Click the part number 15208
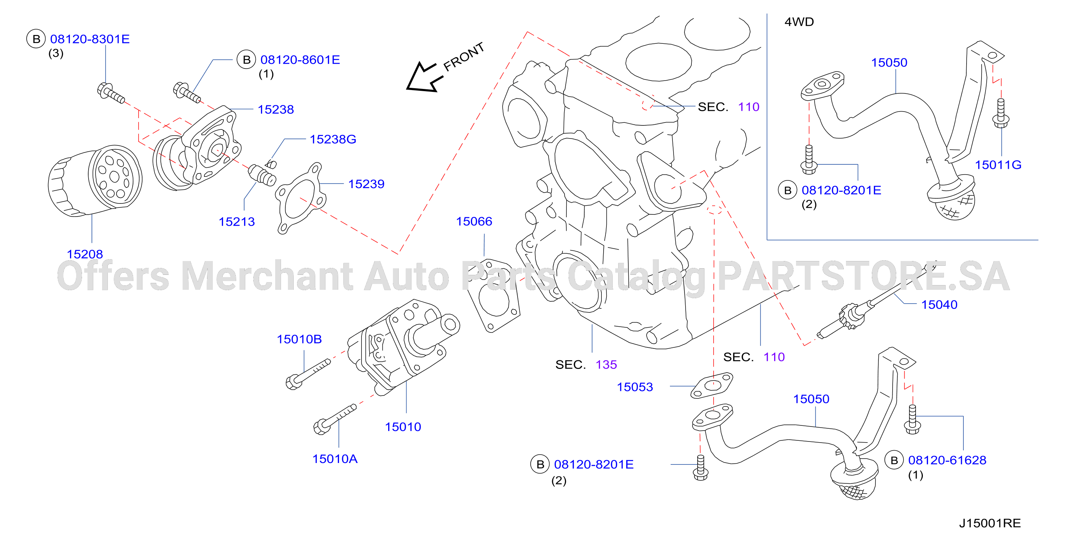[x=85, y=254]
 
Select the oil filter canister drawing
[x=95, y=181]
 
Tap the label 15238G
[x=333, y=139]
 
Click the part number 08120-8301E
[x=90, y=39]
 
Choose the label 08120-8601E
[x=300, y=59]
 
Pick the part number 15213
[x=237, y=222]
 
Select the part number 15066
[x=474, y=221]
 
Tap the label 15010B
[x=299, y=339]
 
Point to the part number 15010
[x=403, y=427]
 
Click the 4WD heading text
[x=799, y=22]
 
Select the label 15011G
[x=998, y=165]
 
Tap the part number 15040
[x=939, y=304]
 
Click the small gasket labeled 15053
[x=712, y=385]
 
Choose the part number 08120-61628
[x=947, y=460]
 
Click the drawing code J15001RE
[x=990, y=523]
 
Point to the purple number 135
[x=606, y=365]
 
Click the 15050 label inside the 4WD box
[x=889, y=62]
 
